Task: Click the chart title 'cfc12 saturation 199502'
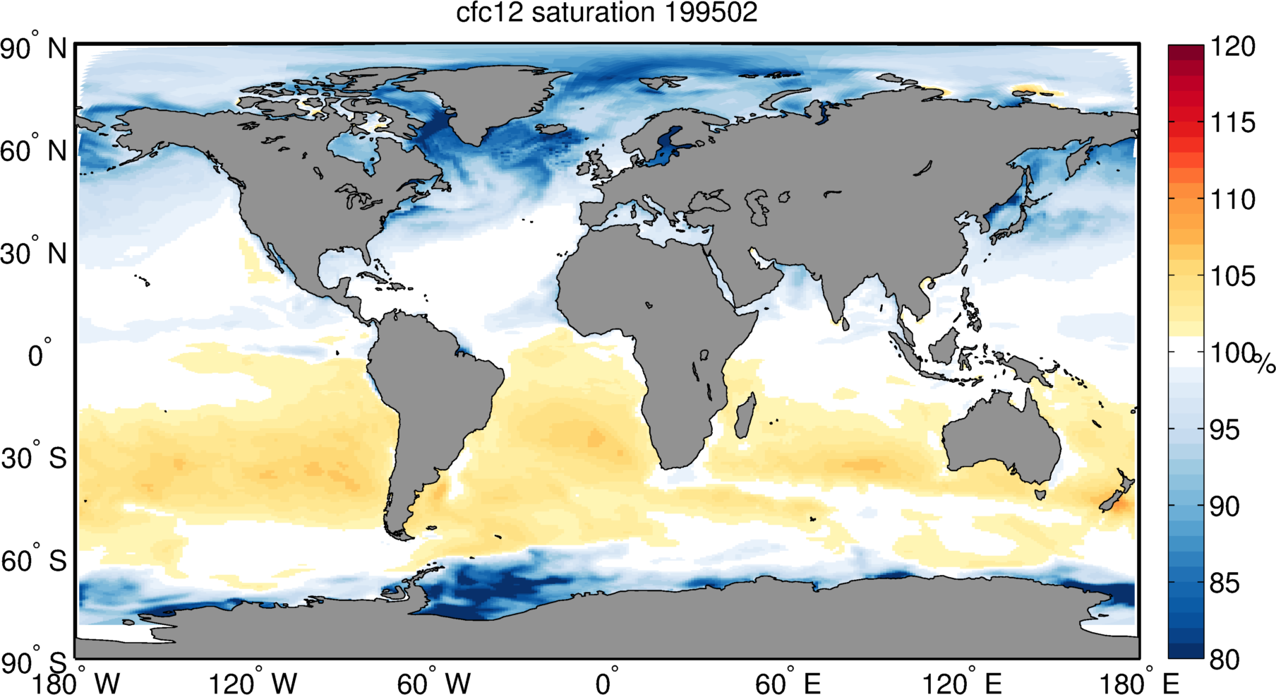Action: (606, 13)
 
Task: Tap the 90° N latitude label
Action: (33, 49)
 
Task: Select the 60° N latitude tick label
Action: (33, 151)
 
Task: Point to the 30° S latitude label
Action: (33, 458)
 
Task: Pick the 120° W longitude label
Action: (253, 683)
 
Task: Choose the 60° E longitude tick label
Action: (788, 683)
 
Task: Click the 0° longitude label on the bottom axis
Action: (607, 683)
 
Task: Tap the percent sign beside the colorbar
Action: (1265, 363)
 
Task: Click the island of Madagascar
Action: (745, 417)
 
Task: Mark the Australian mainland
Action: (1002, 438)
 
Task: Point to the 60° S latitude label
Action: (33, 561)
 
